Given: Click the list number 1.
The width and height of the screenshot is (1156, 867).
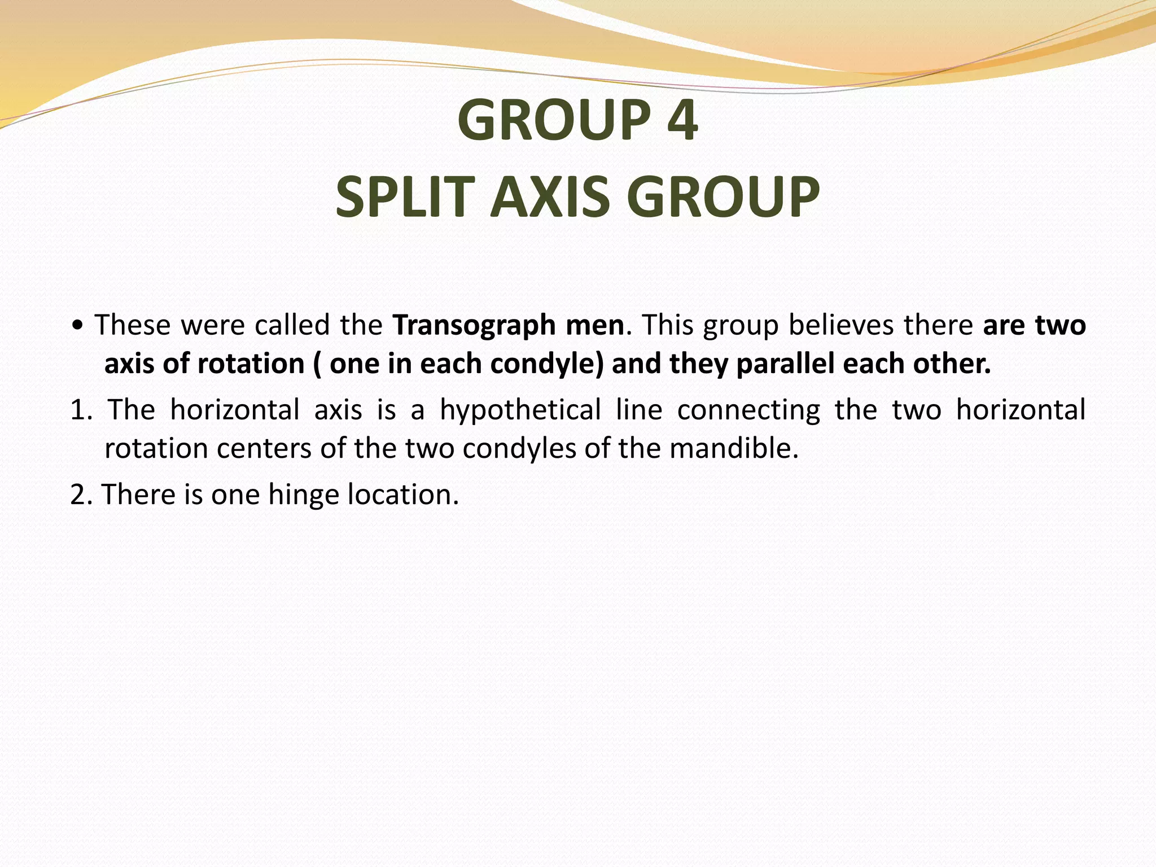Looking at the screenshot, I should pos(78,410).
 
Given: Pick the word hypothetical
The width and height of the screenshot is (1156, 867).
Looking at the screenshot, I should pos(520,410).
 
